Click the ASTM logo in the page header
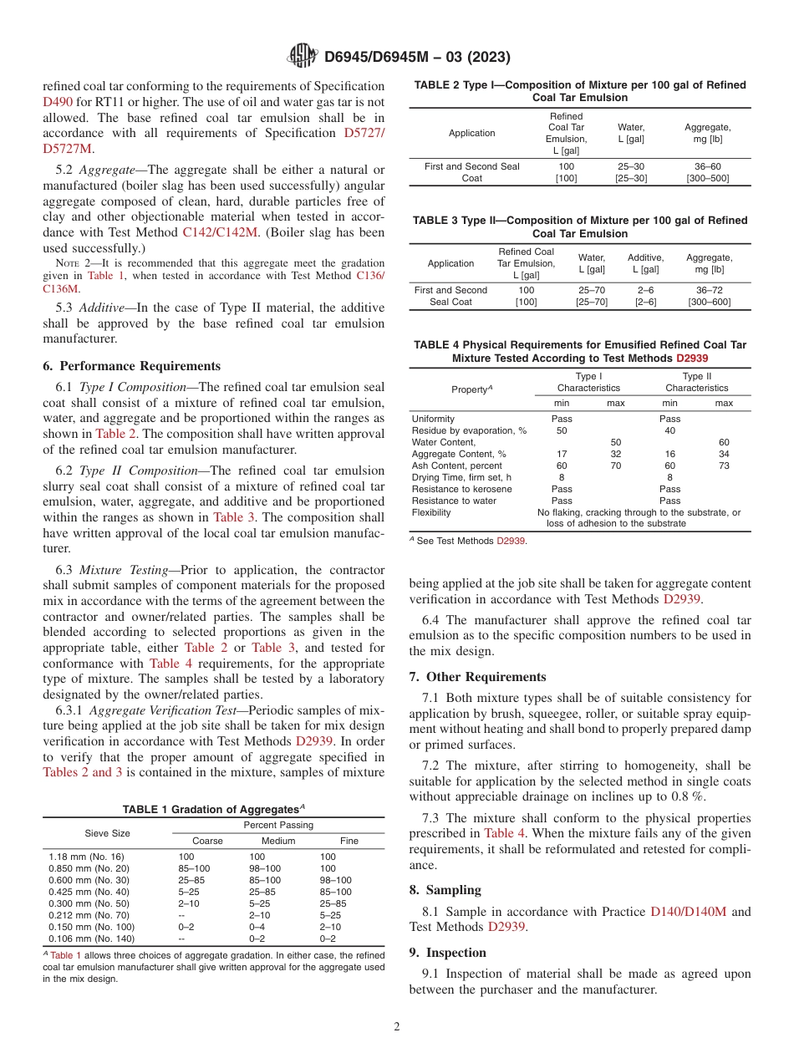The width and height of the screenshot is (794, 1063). tap(302, 56)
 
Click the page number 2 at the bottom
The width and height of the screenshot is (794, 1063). tap(397, 1026)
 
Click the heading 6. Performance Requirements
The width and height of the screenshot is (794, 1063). tap(131, 366)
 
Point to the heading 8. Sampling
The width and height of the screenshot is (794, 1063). tap(445, 890)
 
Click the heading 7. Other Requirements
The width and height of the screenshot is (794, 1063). tap(477, 677)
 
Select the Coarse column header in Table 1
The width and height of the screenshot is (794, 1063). tap(207, 841)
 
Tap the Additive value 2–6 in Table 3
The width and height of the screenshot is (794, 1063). tap(645, 290)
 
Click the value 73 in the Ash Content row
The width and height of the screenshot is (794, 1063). tap(724, 465)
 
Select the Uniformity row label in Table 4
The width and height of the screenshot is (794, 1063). tap(433, 419)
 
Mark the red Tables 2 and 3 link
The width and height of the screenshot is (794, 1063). tap(82, 772)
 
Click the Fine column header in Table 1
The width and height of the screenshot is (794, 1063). tap(349, 841)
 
